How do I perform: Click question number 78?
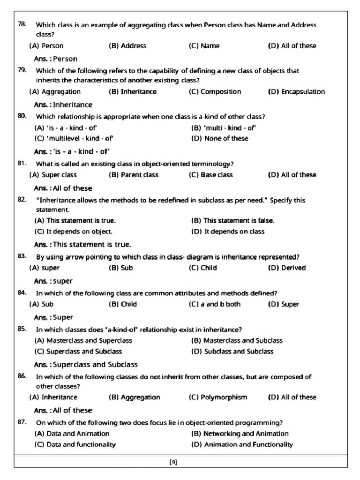(x=22, y=24)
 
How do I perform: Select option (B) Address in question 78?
(x=127, y=46)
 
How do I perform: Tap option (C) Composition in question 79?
(x=215, y=92)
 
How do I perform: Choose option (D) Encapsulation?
(x=296, y=92)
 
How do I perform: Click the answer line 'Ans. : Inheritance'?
(x=63, y=105)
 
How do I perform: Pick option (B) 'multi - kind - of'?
(x=224, y=127)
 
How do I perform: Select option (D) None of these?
(x=220, y=138)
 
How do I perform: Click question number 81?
(x=22, y=163)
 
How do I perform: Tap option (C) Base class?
(x=210, y=175)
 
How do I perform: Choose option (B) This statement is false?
(x=233, y=220)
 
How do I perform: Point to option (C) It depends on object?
(x=74, y=232)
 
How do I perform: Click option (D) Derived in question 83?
(x=286, y=268)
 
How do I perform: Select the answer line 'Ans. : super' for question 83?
(x=53, y=281)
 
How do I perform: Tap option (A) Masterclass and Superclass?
(x=83, y=341)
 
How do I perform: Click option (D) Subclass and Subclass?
(x=232, y=352)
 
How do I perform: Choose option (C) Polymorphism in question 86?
(x=218, y=397)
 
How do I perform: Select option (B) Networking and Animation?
(x=240, y=434)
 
